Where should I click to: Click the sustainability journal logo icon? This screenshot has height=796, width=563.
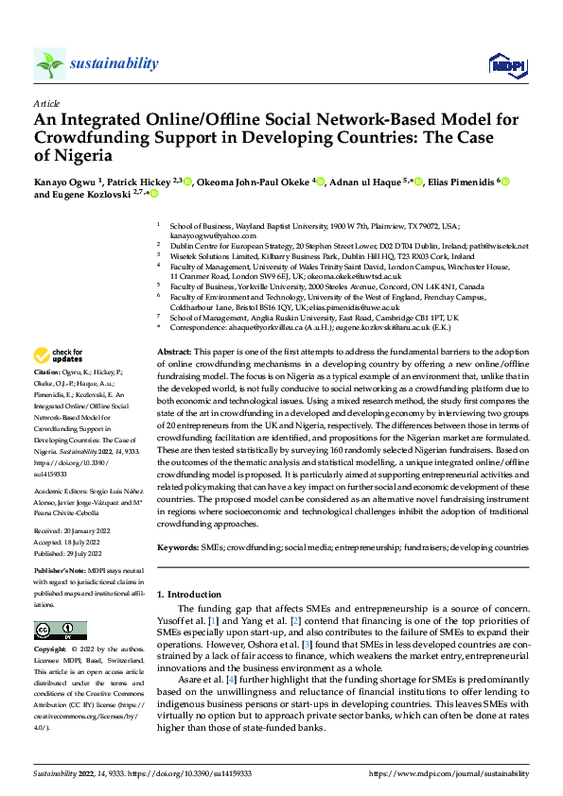tap(49, 64)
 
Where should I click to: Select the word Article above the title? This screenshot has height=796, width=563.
tap(46, 102)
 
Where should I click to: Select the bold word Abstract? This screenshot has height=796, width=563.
tap(174, 351)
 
